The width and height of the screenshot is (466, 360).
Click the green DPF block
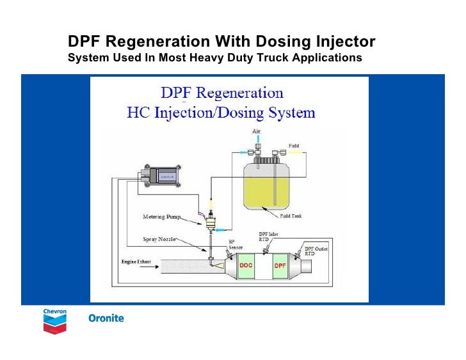[x=280, y=265]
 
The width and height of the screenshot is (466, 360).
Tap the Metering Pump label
[x=160, y=216]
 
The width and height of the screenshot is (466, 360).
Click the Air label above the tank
[x=256, y=131]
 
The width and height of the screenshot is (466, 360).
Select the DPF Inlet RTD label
[x=270, y=237]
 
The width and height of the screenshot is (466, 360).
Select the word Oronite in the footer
[x=105, y=318]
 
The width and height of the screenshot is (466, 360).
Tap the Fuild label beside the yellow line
[x=294, y=146]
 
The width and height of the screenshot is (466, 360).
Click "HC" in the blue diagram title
[x=139, y=113]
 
